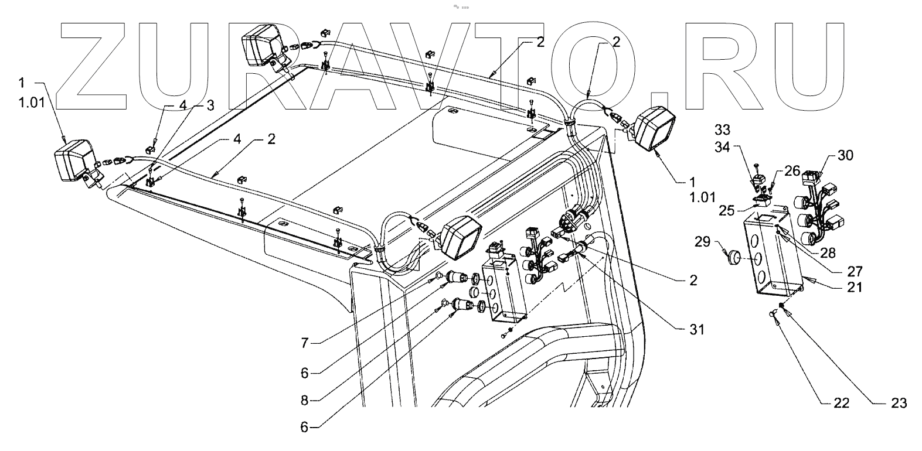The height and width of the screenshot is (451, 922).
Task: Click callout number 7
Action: point(304,343)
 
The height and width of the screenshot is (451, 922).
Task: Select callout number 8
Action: point(304,401)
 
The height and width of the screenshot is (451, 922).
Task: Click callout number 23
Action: point(899,403)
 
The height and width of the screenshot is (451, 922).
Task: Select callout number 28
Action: point(828,253)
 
